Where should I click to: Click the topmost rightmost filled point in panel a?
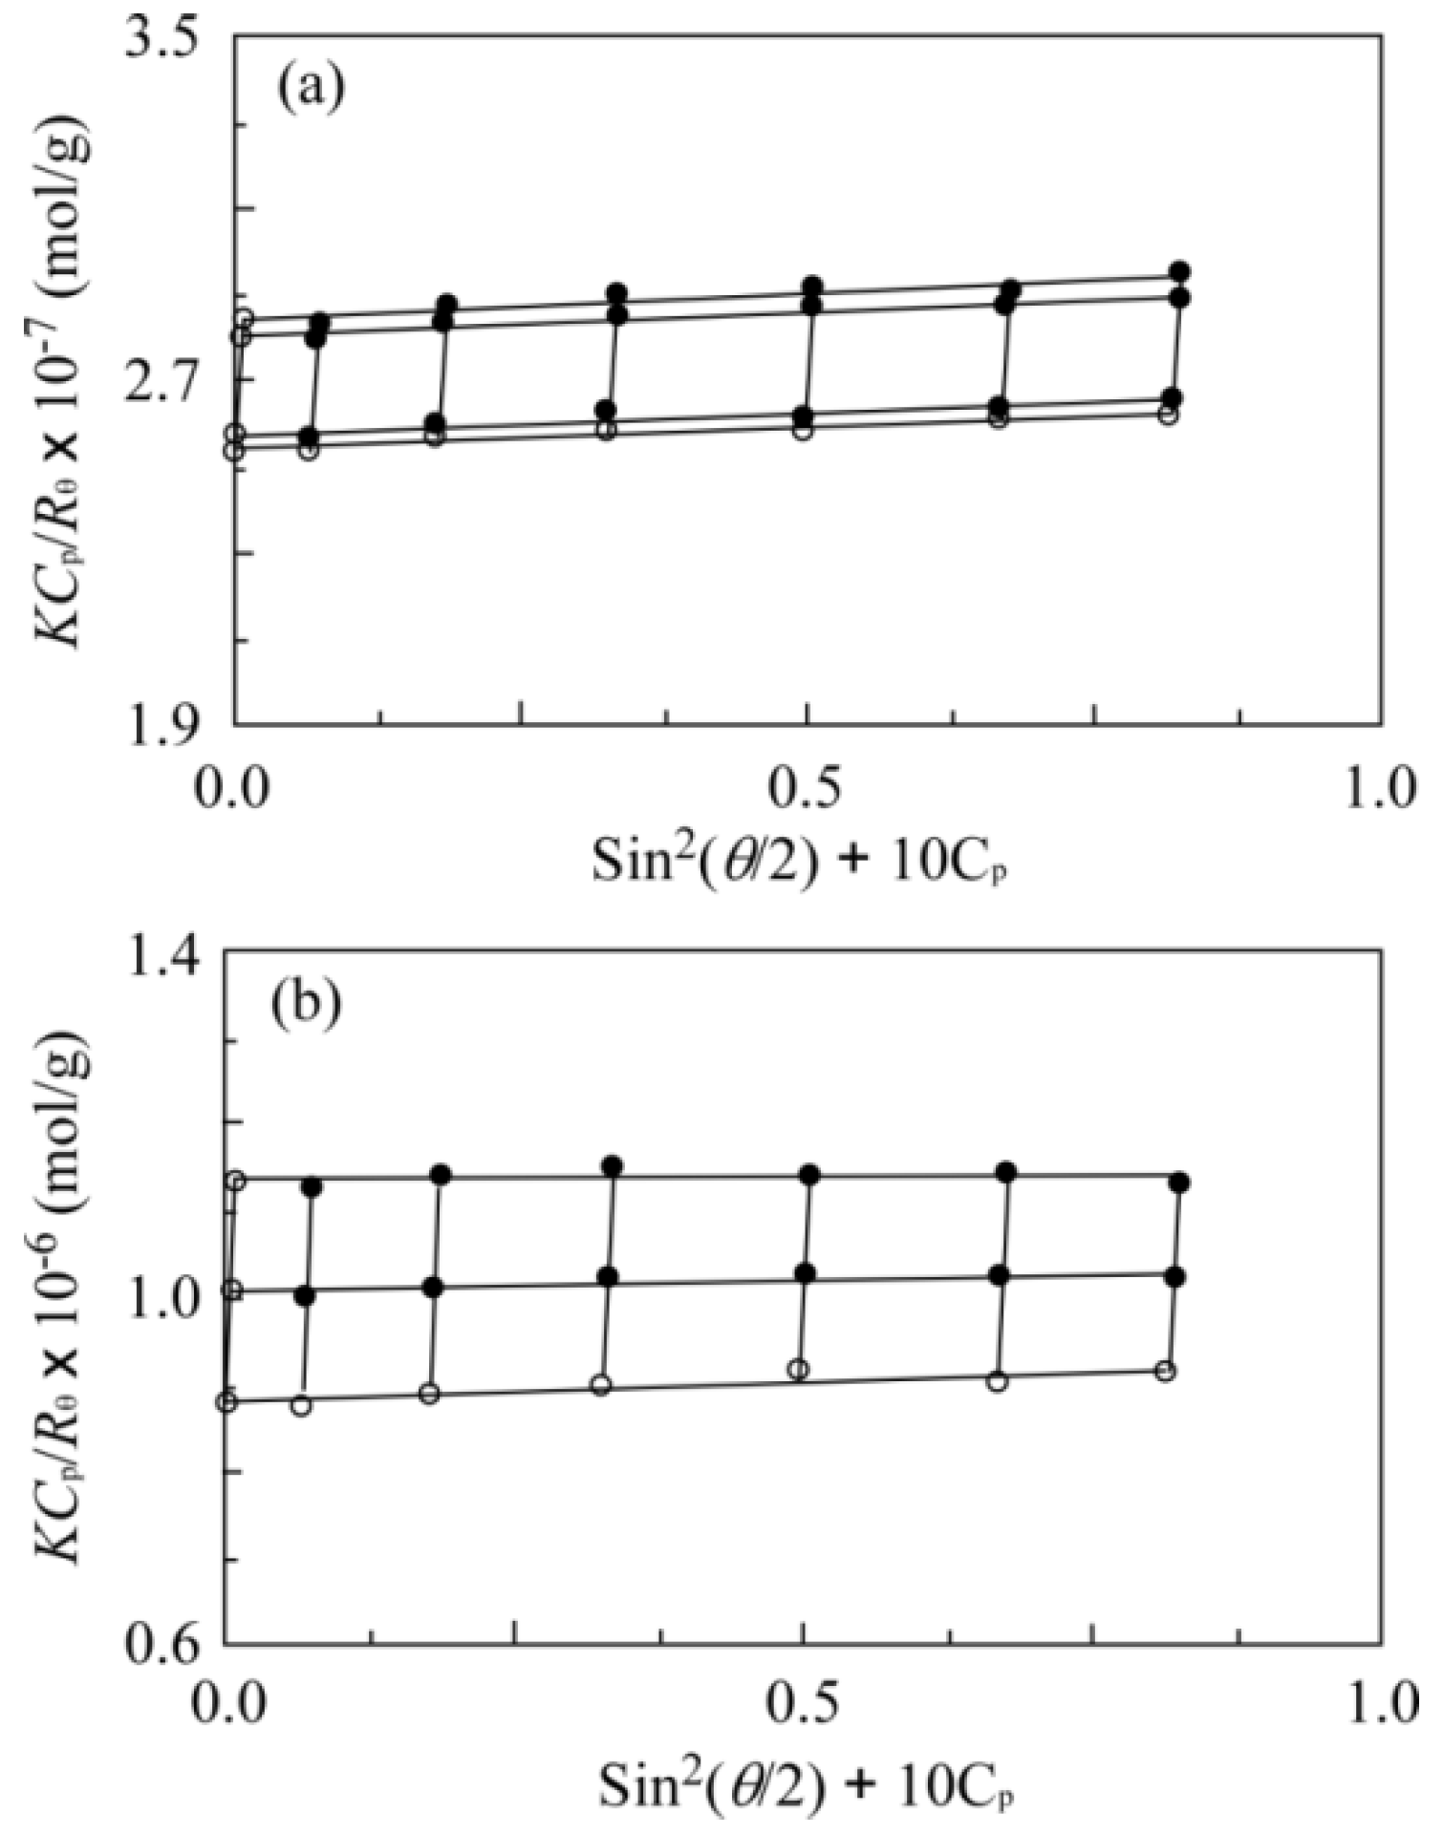tap(1179, 272)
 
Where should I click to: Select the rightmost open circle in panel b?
tap(1164, 1371)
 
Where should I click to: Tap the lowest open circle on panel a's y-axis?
tap(233, 450)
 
